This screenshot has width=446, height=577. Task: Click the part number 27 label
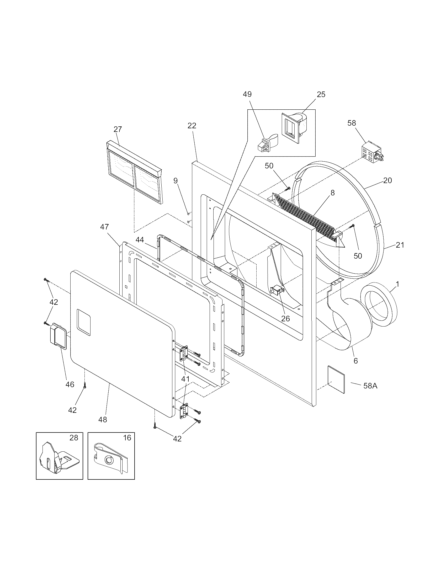[x=118, y=129]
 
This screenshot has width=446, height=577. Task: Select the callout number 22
[x=192, y=125]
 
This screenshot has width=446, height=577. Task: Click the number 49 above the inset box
[x=247, y=94]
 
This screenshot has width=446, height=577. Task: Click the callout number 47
[x=105, y=227]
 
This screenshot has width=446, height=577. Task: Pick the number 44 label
[x=140, y=240]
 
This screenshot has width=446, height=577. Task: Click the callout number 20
[x=387, y=180]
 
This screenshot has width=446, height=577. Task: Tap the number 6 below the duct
[x=356, y=361]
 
